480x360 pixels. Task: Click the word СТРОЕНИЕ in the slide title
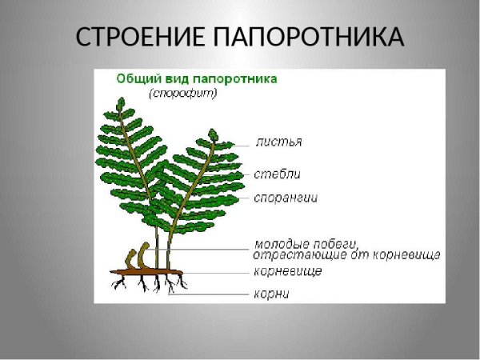point(142,38)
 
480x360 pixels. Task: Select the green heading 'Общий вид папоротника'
point(197,79)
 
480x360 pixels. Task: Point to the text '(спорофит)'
point(183,93)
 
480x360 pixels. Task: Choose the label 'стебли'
point(278,173)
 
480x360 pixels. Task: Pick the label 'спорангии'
point(286,198)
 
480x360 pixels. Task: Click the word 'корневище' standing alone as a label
point(288,272)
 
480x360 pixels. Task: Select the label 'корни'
point(272,294)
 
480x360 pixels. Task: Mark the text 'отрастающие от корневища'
point(346,255)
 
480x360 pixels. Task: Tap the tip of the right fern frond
point(212,133)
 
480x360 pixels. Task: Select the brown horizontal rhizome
point(152,274)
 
